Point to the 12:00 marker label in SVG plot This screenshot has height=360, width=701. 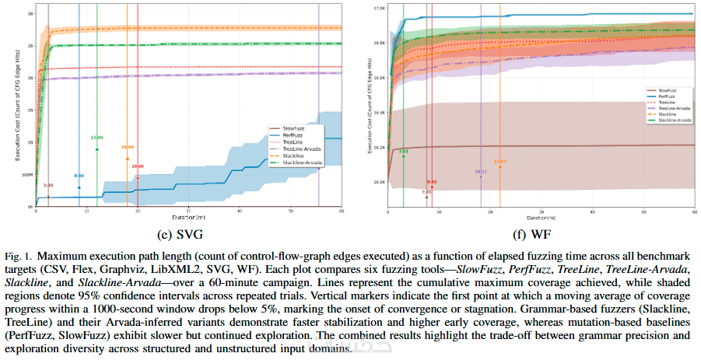(x=96, y=138)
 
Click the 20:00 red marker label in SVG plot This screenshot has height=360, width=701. (x=138, y=166)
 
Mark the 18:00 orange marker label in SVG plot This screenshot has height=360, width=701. (x=127, y=147)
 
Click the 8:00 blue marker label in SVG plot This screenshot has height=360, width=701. (x=79, y=177)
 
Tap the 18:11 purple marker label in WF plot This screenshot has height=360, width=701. (x=481, y=171)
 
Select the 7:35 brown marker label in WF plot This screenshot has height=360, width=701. (x=426, y=191)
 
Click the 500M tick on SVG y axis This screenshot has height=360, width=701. (x=27, y=175)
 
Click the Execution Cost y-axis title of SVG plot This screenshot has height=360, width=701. (x=18, y=109)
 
